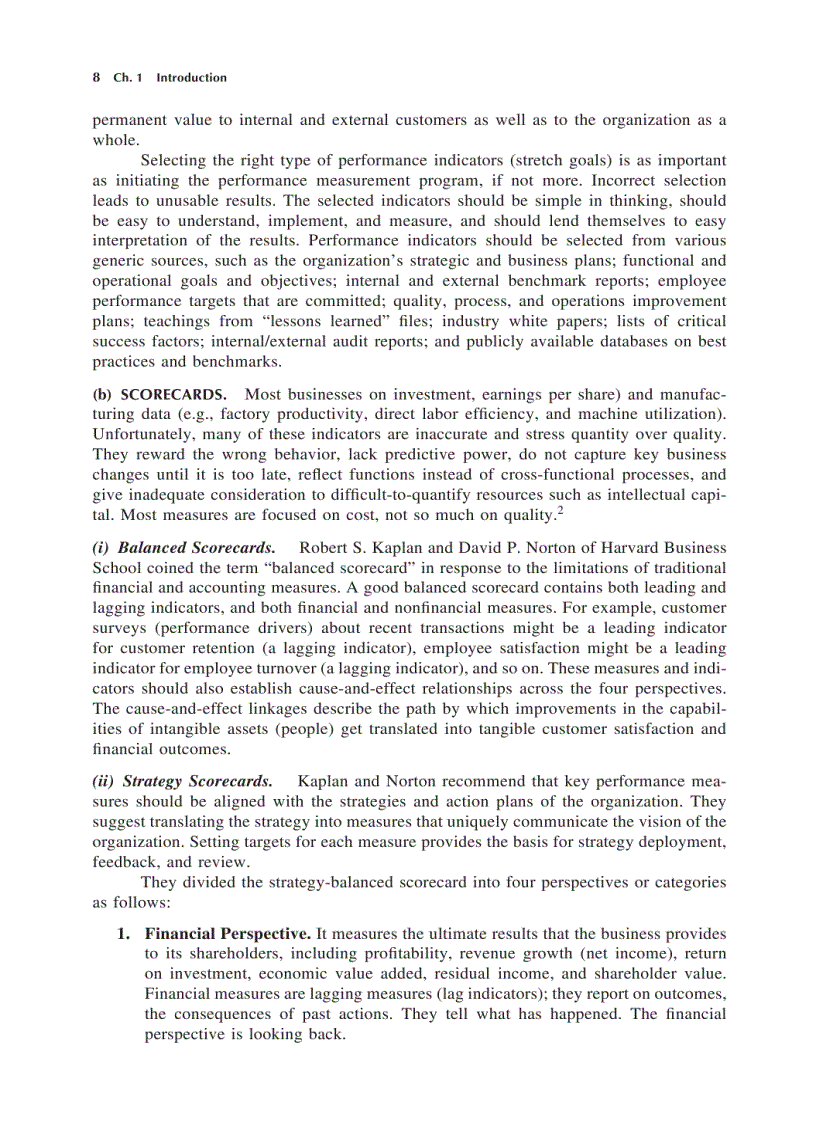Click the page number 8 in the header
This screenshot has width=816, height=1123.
pyautogui.click(x=96, y=78)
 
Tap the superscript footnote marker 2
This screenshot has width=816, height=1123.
pyautogui.click(x=562, y=511)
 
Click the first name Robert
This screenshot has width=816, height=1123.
pyautogui.click(x=324, y=548)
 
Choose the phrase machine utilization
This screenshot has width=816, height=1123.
pyautogui.click(x=660, y=415)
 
